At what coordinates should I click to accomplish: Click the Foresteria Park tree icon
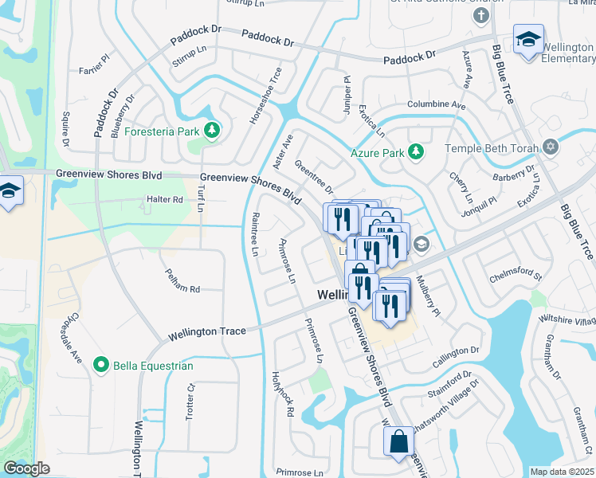click(211, 130)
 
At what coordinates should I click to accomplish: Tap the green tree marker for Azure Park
click(414, 151)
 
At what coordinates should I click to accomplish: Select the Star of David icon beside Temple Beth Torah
click(550, 147)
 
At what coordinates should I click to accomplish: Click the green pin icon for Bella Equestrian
click(100, 366)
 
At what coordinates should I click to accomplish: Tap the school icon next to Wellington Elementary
click(527, 39)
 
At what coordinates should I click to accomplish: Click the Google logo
click(26, 468)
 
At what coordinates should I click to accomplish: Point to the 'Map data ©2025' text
click(562, 472)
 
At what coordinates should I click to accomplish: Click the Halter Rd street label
click(165, 199)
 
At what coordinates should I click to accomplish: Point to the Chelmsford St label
click(515, 276)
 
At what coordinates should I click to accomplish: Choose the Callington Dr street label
click(457, 350)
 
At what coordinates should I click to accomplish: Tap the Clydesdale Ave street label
click(73, 343)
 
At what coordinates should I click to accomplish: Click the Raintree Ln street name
click(255, 234)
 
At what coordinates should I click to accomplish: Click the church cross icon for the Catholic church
click(480, 14)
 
